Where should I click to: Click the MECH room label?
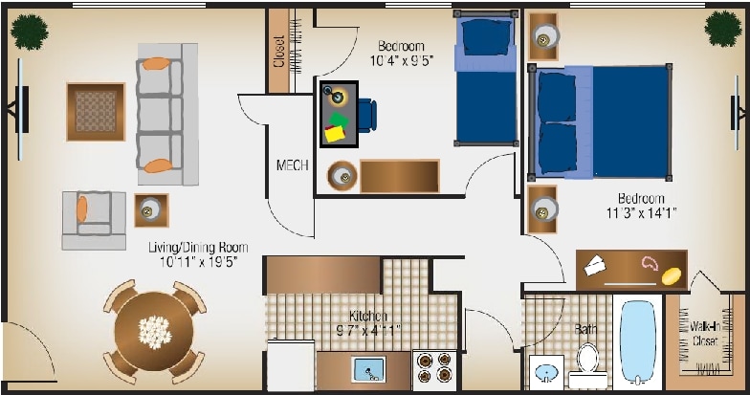coord(292,165)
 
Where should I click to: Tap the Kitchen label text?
coord(368,317)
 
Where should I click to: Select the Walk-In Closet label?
coord(705,332)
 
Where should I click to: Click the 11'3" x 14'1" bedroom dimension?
coord(640,213)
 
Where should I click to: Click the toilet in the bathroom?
coord(586,364)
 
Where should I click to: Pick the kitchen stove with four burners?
coord(436,370)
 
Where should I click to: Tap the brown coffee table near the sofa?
coord(96,111)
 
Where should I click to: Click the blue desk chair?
coord(366,114)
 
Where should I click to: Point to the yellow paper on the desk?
coord(335,134)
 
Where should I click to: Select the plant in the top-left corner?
coord(30,32)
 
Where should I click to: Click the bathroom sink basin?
coord(546,371)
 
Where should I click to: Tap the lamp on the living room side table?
coord(151,209)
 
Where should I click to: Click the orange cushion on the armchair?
coord(82,208)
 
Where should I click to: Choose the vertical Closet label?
coord(278,52)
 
